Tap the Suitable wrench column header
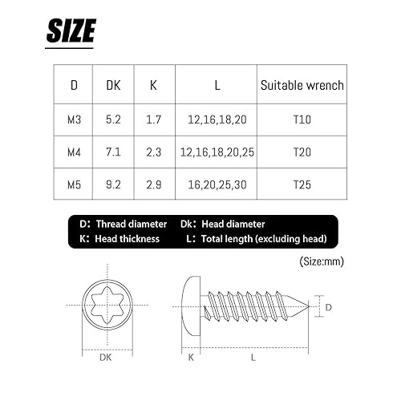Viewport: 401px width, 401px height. click(302, 84)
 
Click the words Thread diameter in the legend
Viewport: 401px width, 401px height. click(131, 225)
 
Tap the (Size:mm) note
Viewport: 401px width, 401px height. click(321, 261)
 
